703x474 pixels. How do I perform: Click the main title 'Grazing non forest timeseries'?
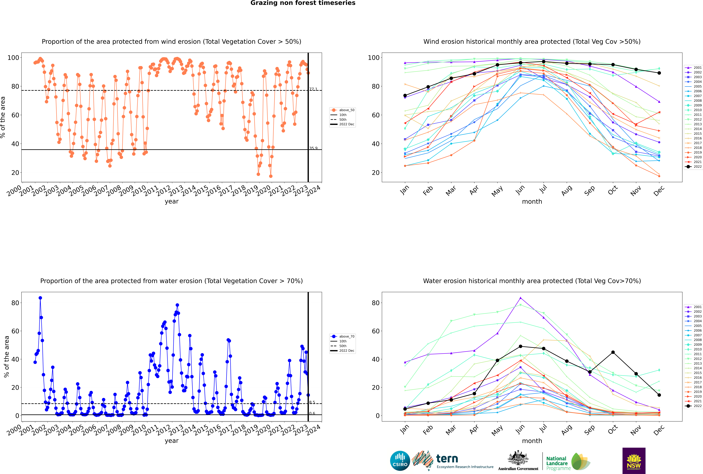(303, 3)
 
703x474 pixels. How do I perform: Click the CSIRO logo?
(400, 461)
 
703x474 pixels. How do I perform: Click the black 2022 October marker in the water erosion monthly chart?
(613, 352)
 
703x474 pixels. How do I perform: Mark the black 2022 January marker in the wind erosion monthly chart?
(405, 96)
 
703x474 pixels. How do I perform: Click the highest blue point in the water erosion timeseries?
(40, 298)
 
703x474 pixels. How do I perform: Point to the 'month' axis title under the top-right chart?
(532, 202)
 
